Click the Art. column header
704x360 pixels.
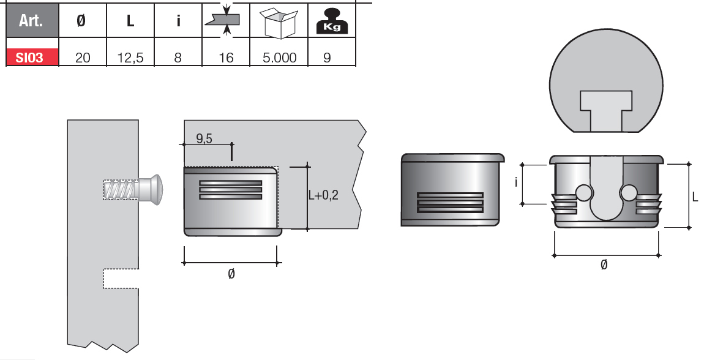tap(32, 20)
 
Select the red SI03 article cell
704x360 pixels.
tap(32, 58)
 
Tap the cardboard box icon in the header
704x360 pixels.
tap(279, 21)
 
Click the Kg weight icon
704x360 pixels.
tap(331, 21)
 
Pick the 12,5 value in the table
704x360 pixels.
tap(130, 58)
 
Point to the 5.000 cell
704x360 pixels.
tap(279, 58)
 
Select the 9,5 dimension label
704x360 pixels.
tap(204, 138)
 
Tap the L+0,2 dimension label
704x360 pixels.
tap(331, 195)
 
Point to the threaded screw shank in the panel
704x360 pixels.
tap(120, 189)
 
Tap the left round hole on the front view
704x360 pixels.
tap(584, 193)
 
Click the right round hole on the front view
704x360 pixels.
tap(628, 193)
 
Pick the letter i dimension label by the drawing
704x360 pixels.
tap(515, 182)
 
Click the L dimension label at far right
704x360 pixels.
tap(695, 197)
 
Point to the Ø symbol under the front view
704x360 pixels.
tap(604, 265)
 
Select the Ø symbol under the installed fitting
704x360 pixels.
tap(231, 274)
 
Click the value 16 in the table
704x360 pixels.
tap(226, 58)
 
